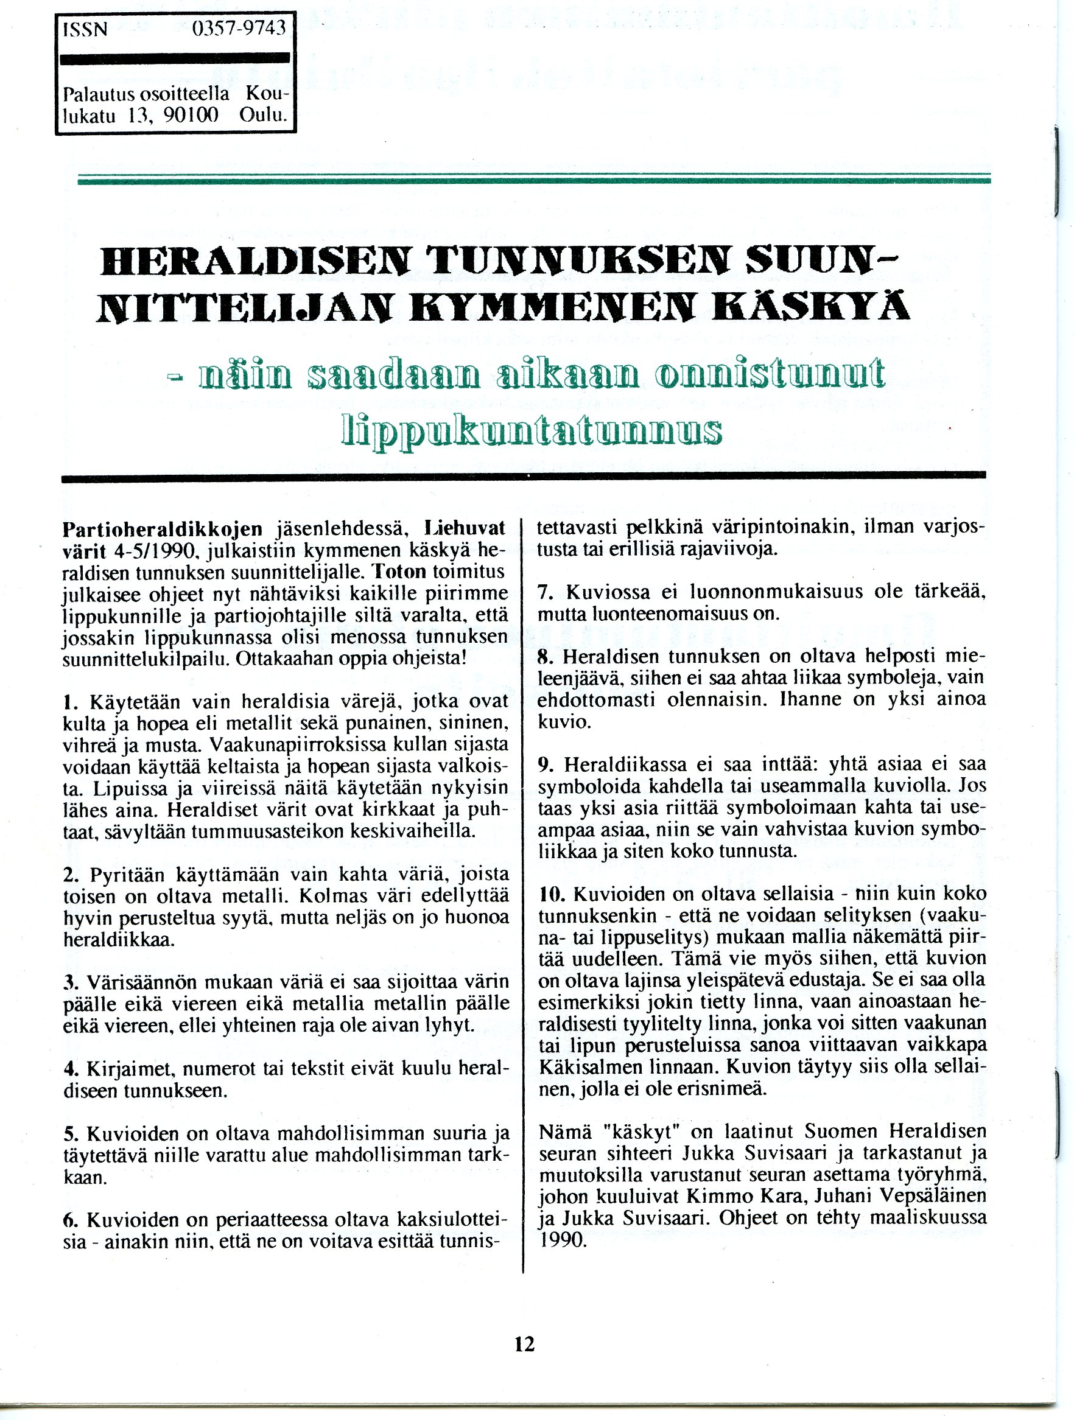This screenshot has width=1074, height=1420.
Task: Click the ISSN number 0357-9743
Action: pos(237,30)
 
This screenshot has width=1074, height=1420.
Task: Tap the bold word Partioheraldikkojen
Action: pos(163,529)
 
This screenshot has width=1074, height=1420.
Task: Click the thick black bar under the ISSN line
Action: pos(175,59)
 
